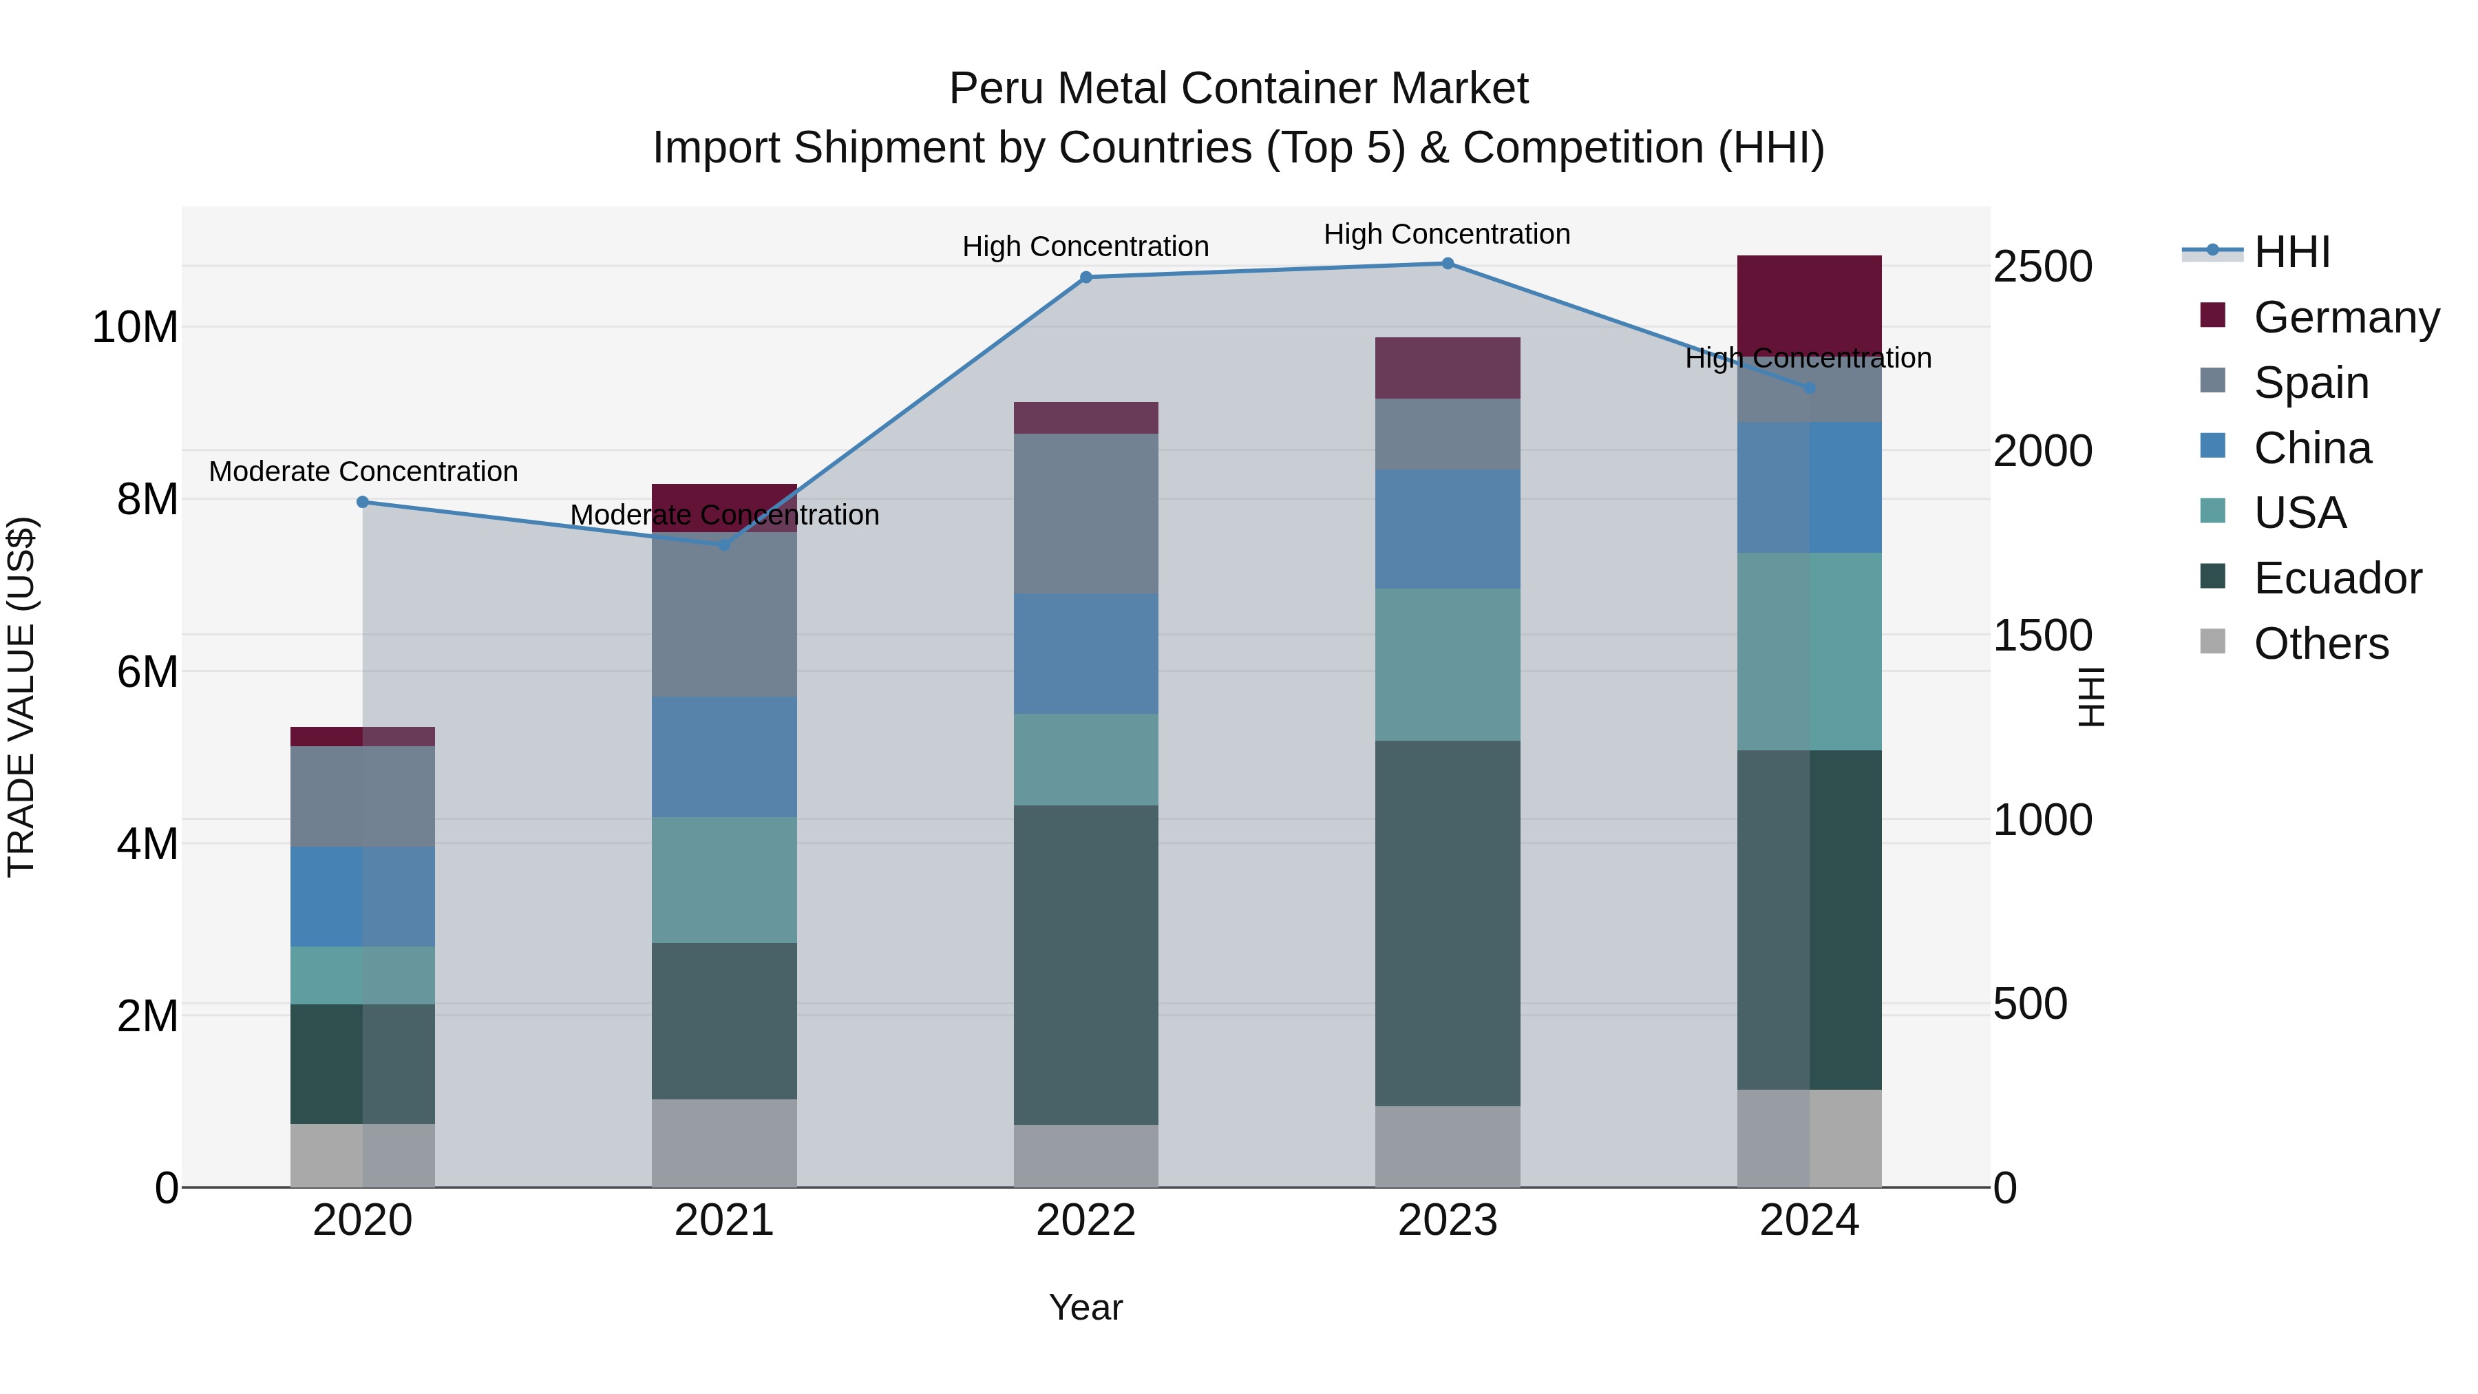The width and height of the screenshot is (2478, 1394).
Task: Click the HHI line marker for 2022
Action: tap(1086, 277)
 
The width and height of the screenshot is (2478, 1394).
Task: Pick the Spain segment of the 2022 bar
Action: tap(1086, 513)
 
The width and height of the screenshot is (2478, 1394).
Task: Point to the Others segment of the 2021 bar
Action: tap(724, 1142)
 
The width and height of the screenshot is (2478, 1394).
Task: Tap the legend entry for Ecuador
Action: tap(2337, 578)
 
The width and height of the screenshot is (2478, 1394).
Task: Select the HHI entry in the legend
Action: tap(2291, 252)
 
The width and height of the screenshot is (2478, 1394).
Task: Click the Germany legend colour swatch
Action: tap(2212, 315)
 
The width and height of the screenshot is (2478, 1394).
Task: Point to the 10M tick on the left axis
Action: tap(135, 327)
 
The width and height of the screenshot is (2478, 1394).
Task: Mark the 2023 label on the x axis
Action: tap(1447, 1221)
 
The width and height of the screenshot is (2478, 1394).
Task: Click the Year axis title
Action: tap(1086, 1307)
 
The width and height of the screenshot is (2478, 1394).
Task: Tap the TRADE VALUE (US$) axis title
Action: tap(21, 697)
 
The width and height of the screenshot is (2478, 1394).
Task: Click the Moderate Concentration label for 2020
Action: tap(363, 472)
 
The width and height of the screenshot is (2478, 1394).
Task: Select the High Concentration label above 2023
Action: tap(1447, 234)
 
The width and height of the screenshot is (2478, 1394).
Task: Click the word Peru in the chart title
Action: tap(997, 89)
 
